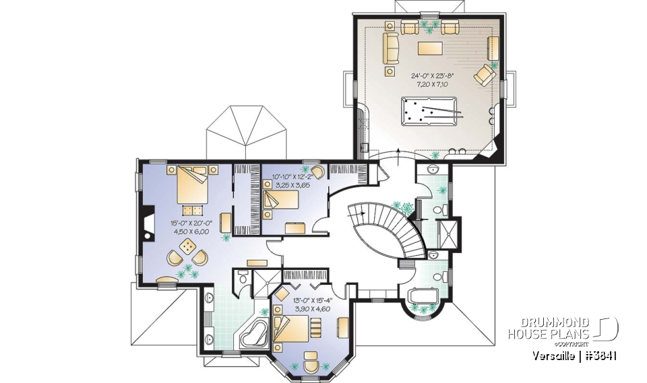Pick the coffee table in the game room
pyautogui.click(x=431, y=48)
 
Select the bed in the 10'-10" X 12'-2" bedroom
pyautogui.click(x=281, y=200)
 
